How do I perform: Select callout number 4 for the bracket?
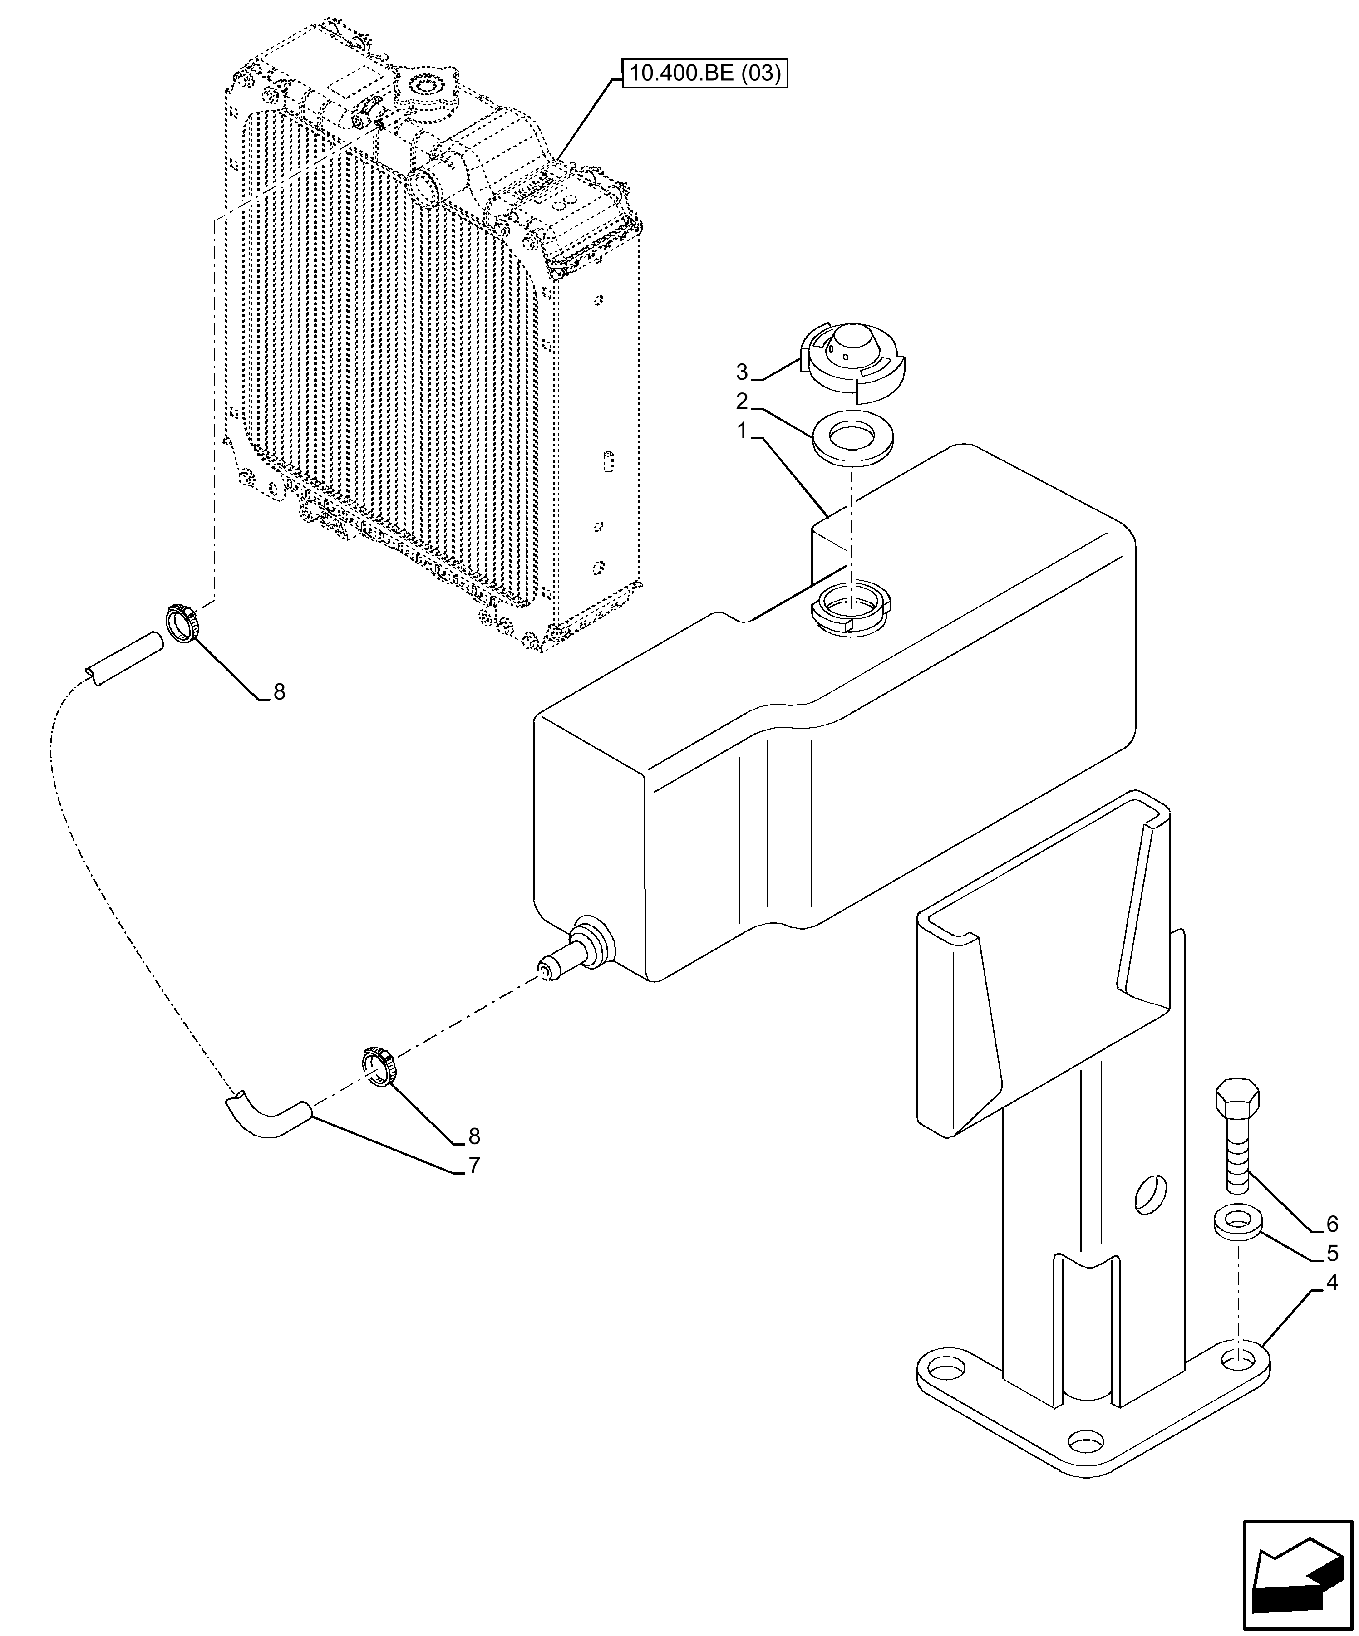click(x=1332, y=1282)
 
